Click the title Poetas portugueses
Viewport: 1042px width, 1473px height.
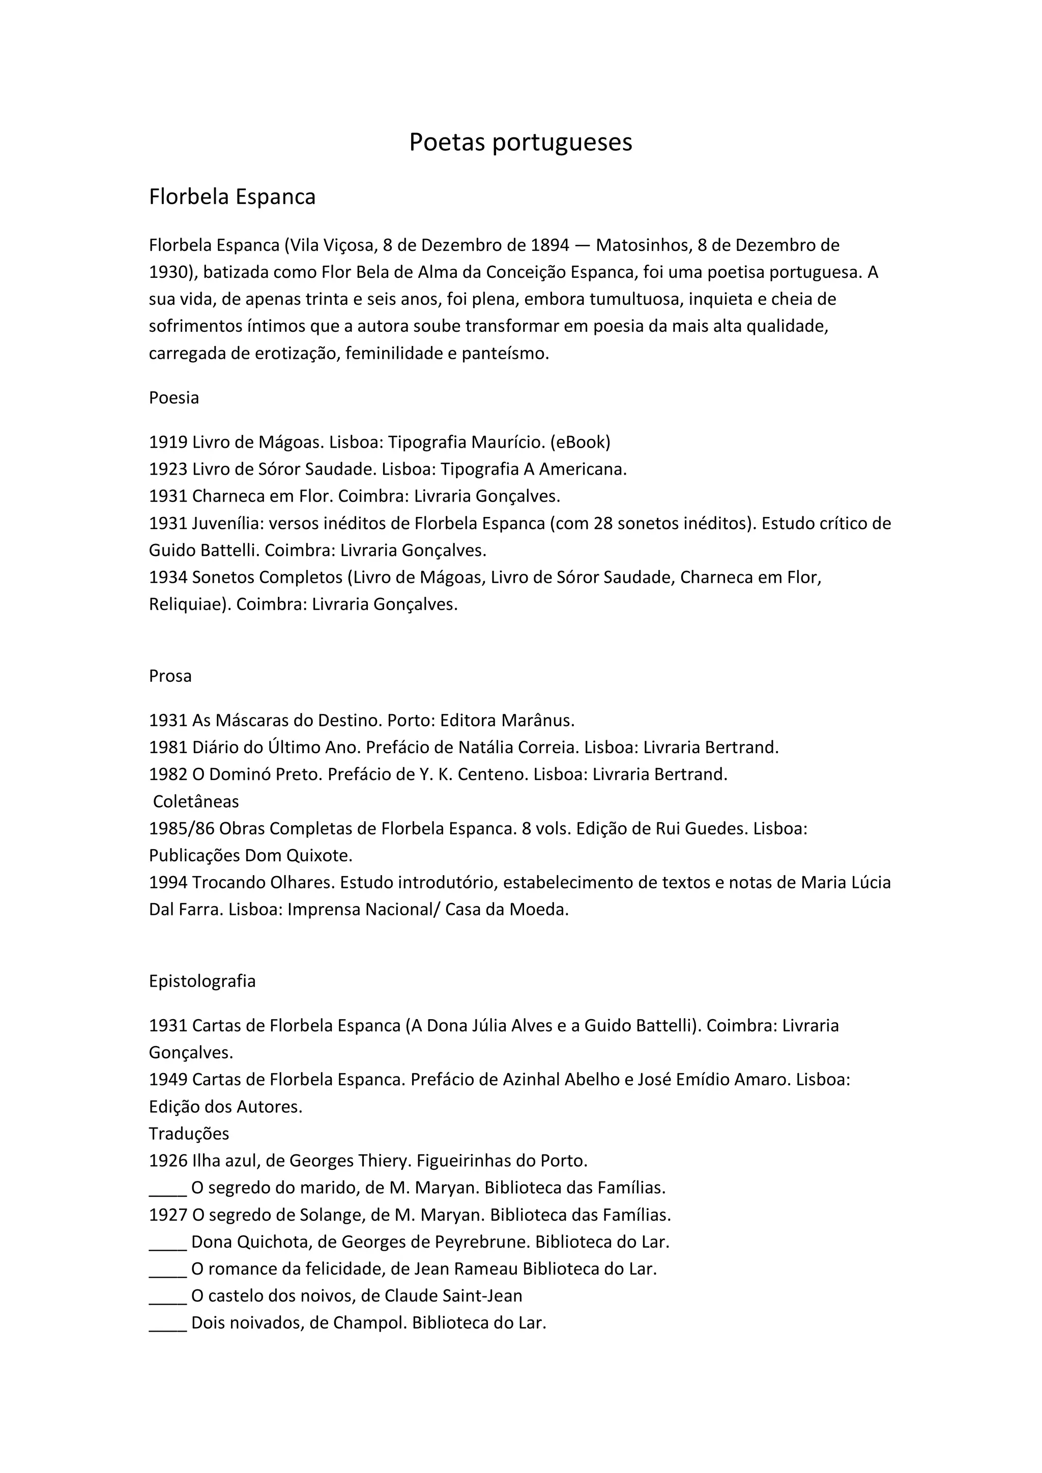pyautogui.click(x=520, y=142)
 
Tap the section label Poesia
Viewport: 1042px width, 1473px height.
pyautogui.click(x=174, y=398)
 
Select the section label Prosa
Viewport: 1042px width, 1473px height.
pyautogui.click(x=170, y=676)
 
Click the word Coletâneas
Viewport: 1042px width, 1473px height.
pyautogui.click(x=196, y=801)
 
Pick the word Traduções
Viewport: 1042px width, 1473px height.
pyautogui.click(x=189, y=1134)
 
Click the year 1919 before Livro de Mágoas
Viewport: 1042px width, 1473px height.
pyautogui.click(x=168, y=442)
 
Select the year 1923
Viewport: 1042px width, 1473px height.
pyautogui.click(x=168, y=469)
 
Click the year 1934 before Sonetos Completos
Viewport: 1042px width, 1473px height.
pyautogui.click(x=168, y=577)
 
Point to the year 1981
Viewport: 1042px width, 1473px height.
pyautogui.click(x=168, y=747)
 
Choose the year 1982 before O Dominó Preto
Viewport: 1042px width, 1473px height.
pyautogui.click(x=168, y=774)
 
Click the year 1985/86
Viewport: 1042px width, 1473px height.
pyautogui.click(x=182, y=828)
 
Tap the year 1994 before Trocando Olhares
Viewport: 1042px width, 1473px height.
pyautogui.click(x=168, y=882)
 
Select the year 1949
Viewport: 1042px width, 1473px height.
pyautogui.click(x=168, y=1079)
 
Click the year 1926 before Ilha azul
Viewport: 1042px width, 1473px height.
pyautogui.click(x=168, y=1161)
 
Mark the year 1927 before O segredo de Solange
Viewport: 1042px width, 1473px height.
pyautogui.click(x=168, y=1215)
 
